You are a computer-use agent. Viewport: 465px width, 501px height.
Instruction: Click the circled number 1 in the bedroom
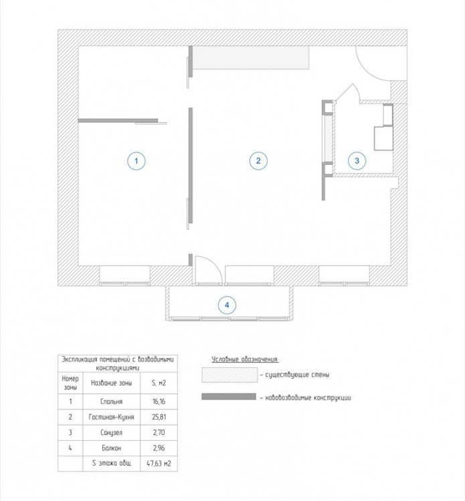point(136,160)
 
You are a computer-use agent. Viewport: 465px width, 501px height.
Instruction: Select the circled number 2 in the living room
point(258,160)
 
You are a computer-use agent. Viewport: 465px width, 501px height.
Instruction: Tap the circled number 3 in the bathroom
point(357,160)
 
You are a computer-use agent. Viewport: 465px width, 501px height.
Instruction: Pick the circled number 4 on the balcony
point(227,305)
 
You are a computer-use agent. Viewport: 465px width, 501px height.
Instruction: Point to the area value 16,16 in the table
point(159,402)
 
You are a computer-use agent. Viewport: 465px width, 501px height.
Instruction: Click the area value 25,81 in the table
point(159,417)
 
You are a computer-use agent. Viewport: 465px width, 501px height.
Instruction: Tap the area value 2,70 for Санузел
point(159,432)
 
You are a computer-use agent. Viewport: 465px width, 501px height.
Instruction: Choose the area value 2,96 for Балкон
point(159,448)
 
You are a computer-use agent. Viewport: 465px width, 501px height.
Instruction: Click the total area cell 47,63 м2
point(159,463)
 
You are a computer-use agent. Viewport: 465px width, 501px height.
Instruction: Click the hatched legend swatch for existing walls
point(229,375)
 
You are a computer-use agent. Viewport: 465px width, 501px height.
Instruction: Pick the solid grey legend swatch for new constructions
point(229,397)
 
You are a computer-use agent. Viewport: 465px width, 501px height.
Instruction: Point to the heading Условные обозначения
point(244,359)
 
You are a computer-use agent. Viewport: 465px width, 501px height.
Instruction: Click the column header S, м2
point(159,383)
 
